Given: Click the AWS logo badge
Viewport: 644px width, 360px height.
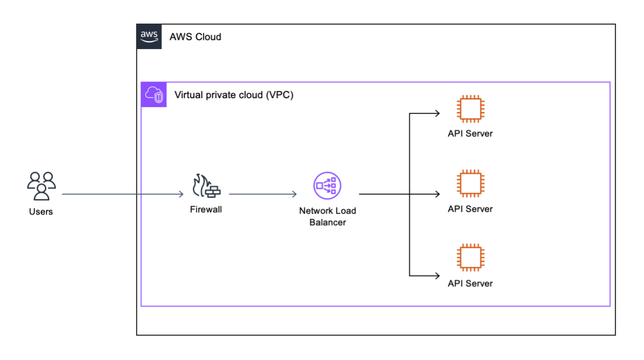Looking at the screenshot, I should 149,36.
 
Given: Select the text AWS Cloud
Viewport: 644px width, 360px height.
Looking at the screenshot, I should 195,37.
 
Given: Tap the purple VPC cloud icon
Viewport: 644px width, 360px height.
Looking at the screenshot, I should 154,94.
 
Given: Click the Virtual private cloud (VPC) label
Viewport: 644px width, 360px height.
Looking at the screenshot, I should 234,95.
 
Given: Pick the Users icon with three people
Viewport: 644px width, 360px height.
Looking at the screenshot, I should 41,185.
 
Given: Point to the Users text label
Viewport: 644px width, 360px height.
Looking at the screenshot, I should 41,211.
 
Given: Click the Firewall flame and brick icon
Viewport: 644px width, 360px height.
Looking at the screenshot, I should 206,186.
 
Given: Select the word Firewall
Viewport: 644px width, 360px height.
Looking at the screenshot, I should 206,210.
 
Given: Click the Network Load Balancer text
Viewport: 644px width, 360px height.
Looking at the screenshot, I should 327,216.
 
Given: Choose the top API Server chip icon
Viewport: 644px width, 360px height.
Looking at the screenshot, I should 470,109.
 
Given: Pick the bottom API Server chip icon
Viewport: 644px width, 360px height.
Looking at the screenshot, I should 470,258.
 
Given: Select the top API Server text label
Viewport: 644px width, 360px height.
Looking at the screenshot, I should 470,134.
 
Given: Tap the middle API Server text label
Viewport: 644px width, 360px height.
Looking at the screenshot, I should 470,209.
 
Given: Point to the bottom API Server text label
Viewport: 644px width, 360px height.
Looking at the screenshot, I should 470,283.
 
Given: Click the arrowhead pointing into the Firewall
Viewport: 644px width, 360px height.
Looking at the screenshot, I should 181,194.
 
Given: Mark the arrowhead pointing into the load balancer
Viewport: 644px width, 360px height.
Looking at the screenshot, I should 294,194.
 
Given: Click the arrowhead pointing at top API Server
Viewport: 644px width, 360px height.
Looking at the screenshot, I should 437,113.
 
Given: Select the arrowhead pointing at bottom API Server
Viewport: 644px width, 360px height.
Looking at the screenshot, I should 437,275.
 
